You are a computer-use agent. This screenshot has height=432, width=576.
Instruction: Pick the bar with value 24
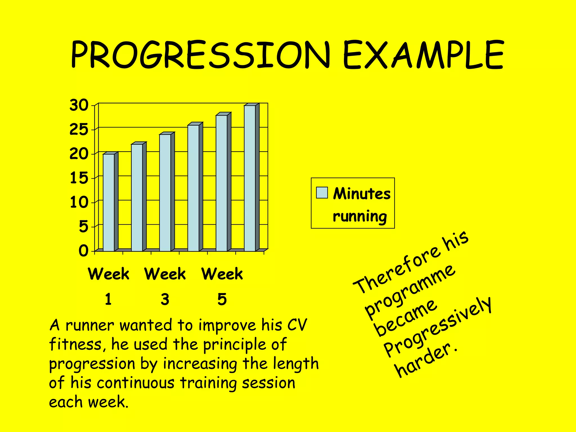point(165,192)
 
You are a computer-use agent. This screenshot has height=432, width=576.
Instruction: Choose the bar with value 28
point(222,183)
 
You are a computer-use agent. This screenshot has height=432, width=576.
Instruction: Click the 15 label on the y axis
point(79,178)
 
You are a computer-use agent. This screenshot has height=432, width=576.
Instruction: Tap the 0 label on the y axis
point(83,251)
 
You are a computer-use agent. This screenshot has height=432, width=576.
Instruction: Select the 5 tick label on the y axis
point(83,226)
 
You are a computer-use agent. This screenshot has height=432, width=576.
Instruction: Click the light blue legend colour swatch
point(322,193)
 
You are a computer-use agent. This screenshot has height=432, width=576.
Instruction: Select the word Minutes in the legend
point(362,194)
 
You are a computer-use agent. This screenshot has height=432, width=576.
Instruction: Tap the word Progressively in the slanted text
point(437,328)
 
